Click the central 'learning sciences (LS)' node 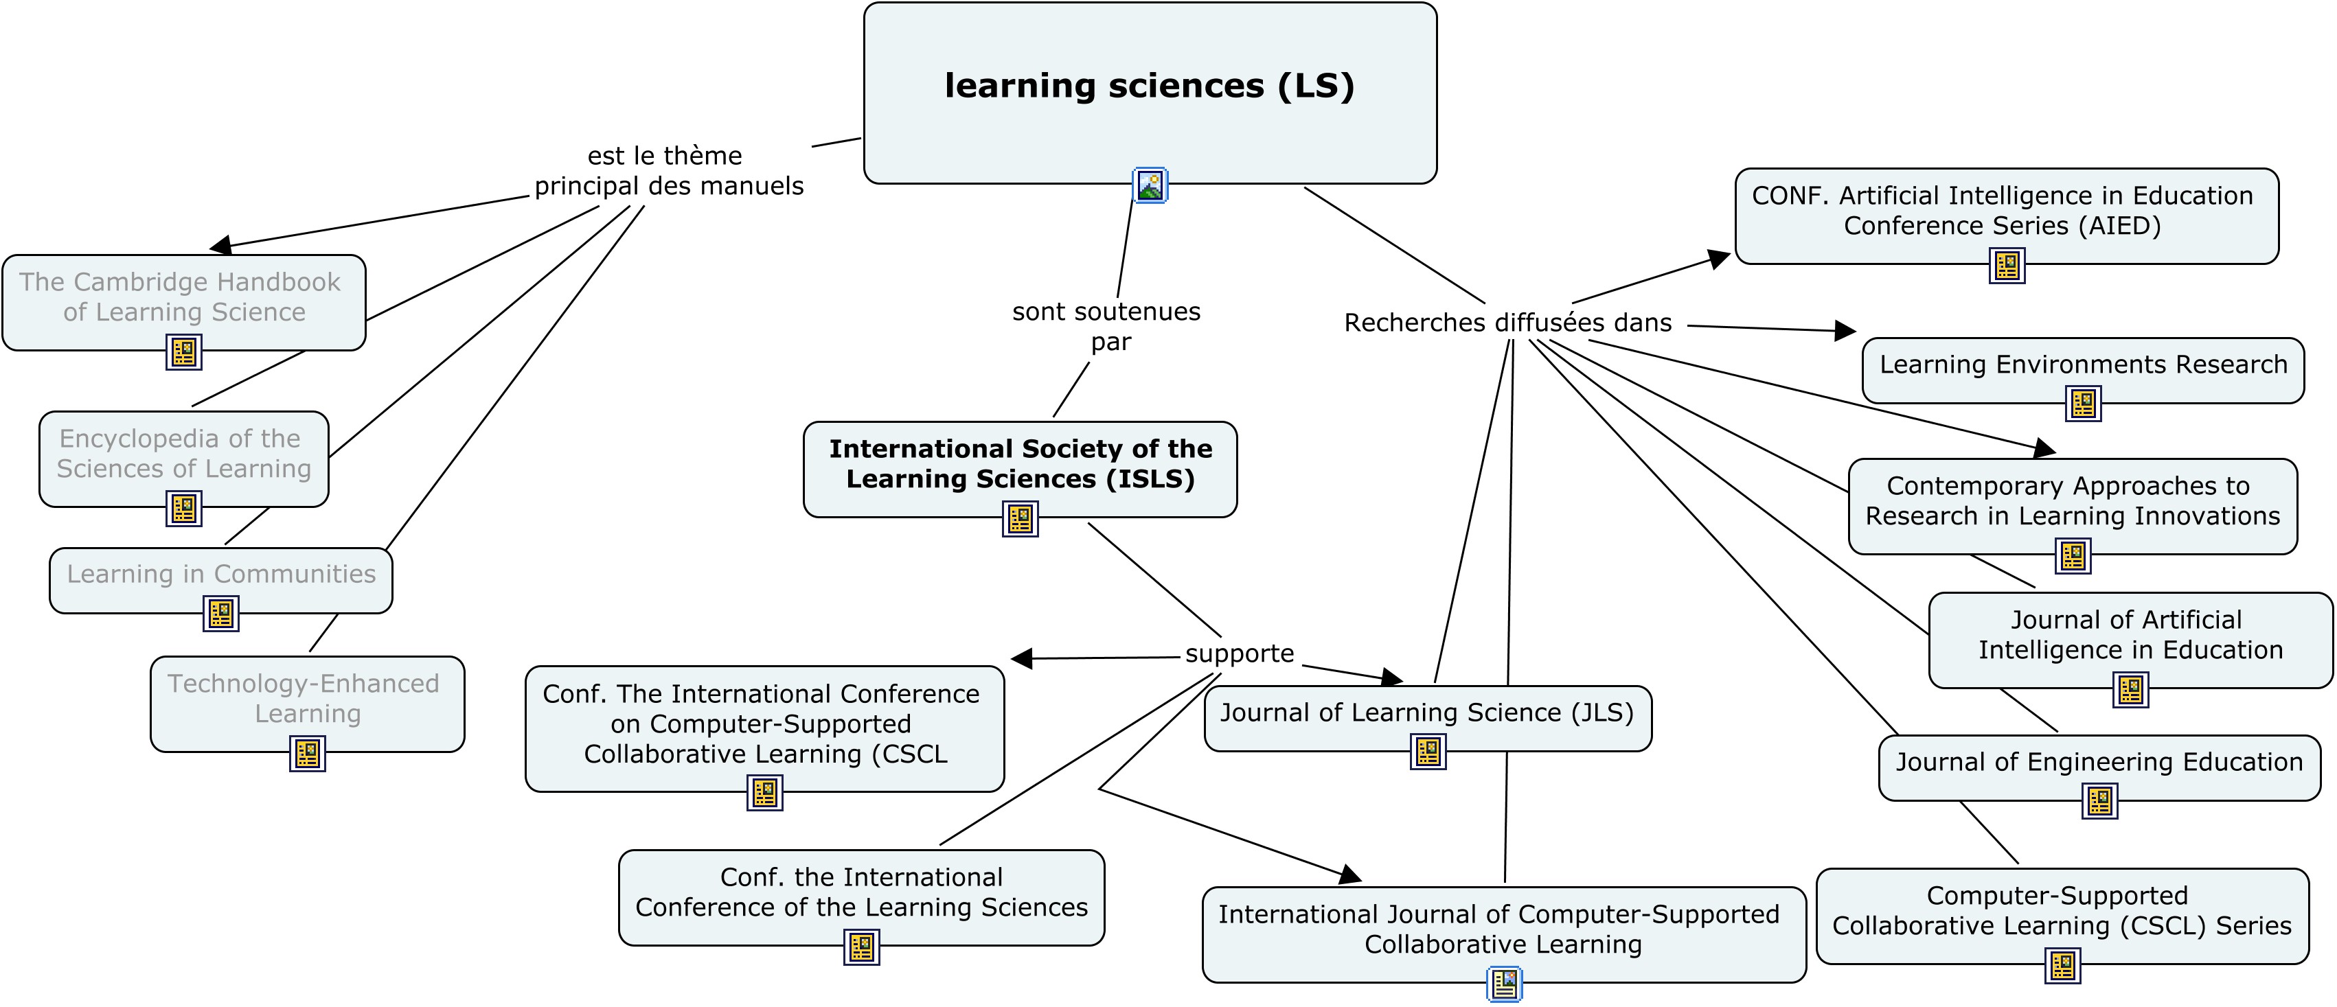click(1150, 86)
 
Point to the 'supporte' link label click(1240, 654)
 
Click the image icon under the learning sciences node click(1150, 186)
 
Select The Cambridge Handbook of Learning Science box click(183, 297)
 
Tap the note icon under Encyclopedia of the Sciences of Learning click(183, 508)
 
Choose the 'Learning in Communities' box click(220, 575)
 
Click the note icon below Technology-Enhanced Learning click(308, 753)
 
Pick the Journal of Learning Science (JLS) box click(1427, 713)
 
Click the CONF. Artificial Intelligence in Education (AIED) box click(2006, 211)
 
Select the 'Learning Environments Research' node click(2083, 364)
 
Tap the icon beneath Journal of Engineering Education click(2099, 801)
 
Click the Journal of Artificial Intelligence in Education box click(2130, 635)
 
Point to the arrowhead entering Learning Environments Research click(1846, 330)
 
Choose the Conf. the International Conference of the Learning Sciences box click(861, 892)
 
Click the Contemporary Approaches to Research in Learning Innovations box click(2072, 501)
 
